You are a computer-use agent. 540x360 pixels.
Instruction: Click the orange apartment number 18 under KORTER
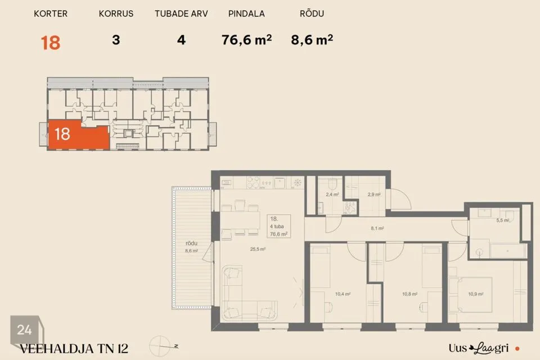(x=51, y=43)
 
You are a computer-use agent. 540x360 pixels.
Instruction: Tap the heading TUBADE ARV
(x=181, y=13)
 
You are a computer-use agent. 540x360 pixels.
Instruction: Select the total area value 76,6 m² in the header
(x=246, y=40)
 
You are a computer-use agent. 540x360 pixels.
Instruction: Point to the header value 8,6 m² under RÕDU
(x=312, y=40)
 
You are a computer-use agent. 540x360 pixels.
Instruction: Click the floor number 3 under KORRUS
(x=116, y=40)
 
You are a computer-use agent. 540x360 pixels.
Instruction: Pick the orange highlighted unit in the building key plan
(x=79, y=135)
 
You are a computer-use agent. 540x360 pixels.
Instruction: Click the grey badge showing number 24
(x=25, y=330)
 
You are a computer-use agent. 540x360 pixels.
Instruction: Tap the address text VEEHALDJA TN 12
(x=74, y=349)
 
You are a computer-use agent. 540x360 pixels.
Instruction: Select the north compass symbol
(x=162, y=346)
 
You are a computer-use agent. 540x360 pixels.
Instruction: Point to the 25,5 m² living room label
(x=258, y=249)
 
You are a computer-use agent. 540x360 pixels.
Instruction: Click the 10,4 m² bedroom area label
(x=343, y=294)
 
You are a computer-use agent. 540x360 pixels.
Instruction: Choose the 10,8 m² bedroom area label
(x=410, y=294)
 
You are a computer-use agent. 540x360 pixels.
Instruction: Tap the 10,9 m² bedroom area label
(x=476, y=294)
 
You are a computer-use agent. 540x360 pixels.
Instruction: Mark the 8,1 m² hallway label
(x=377, y=228)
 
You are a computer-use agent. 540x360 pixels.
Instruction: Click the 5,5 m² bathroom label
(x=502, y=220)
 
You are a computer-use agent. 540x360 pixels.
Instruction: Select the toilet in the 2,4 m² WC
(x=332, y=184)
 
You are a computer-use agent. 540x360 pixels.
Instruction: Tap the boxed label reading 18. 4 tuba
(x=278, y=226)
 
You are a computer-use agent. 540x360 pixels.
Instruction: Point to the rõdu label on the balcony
(x=191, y=243)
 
